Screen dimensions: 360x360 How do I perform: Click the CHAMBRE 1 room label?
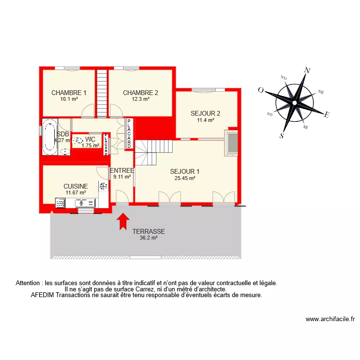point(69,93)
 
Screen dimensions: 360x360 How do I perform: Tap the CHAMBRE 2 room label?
point(140,93)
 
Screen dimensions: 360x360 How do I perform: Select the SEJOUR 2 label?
point(205,114)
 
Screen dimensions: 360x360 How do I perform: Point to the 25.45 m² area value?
point(185,178)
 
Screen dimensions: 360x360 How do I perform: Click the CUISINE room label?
point(75,186)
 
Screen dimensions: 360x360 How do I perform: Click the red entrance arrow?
point(123,220)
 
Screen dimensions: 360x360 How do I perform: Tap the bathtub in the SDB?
point(49,136)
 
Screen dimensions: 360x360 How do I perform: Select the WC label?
point(90,140)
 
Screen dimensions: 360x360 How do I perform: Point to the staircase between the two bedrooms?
point(102,93)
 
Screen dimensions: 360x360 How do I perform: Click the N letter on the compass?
point(308,71)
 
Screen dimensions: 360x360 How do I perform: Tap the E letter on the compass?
point(326,114)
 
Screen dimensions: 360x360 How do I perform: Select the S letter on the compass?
point(282,135)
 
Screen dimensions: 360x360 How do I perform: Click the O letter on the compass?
point(261,90)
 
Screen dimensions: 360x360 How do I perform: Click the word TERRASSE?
point(148,231)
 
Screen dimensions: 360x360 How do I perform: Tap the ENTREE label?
point(121,170)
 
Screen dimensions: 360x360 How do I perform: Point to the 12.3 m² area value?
point(141,99)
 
